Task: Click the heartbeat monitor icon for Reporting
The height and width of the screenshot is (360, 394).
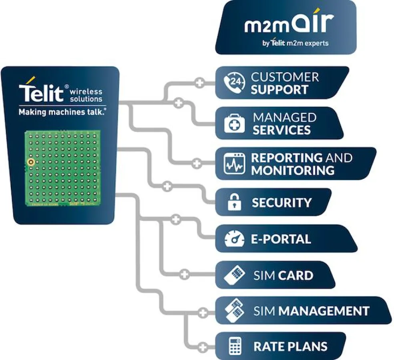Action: tap(233, 163)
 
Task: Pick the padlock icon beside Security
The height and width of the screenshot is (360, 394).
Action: tap(233, 202)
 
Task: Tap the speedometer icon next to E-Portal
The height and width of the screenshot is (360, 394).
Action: tap(233, 239)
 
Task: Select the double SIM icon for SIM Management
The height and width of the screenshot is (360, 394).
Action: tap(233, 310)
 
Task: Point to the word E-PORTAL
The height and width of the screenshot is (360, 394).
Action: tap(281, 239)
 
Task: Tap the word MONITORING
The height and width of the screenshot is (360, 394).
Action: tap(293, 170)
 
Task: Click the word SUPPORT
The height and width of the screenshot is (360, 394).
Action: tap(279, 90)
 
